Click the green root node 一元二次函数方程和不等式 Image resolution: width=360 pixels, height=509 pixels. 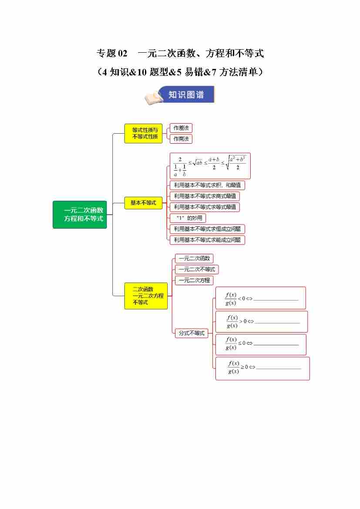pos(80,214)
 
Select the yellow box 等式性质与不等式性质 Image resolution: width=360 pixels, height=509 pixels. pos(143,133)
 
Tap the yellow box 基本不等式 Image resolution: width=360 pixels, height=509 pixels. pos(143,202)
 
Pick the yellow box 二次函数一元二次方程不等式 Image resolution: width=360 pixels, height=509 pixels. pos(146,296)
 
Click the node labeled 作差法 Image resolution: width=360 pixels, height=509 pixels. pos(181,128)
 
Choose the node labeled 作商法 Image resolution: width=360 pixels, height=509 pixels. pos(181,139)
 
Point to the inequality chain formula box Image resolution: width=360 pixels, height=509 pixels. pos(210,165)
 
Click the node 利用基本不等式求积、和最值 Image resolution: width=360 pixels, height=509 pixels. pos(207,185)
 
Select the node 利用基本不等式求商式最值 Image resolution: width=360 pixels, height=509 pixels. pos(205,196)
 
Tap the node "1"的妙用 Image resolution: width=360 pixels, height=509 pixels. pos(188,218)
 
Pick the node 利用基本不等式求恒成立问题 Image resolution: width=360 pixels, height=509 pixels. pos(207,229)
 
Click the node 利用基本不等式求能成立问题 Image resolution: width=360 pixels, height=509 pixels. pos(207,240)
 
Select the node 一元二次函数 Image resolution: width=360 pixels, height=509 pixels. pos(194,259)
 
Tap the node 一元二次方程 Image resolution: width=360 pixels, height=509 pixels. pos(194,280)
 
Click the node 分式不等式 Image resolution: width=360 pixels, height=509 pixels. pos(192,333)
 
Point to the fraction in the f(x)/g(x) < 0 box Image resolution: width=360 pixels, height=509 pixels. pos(231,298)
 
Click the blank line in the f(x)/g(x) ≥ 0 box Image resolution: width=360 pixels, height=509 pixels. pos(279,368)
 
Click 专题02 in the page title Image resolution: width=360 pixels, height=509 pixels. pos(112,54)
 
